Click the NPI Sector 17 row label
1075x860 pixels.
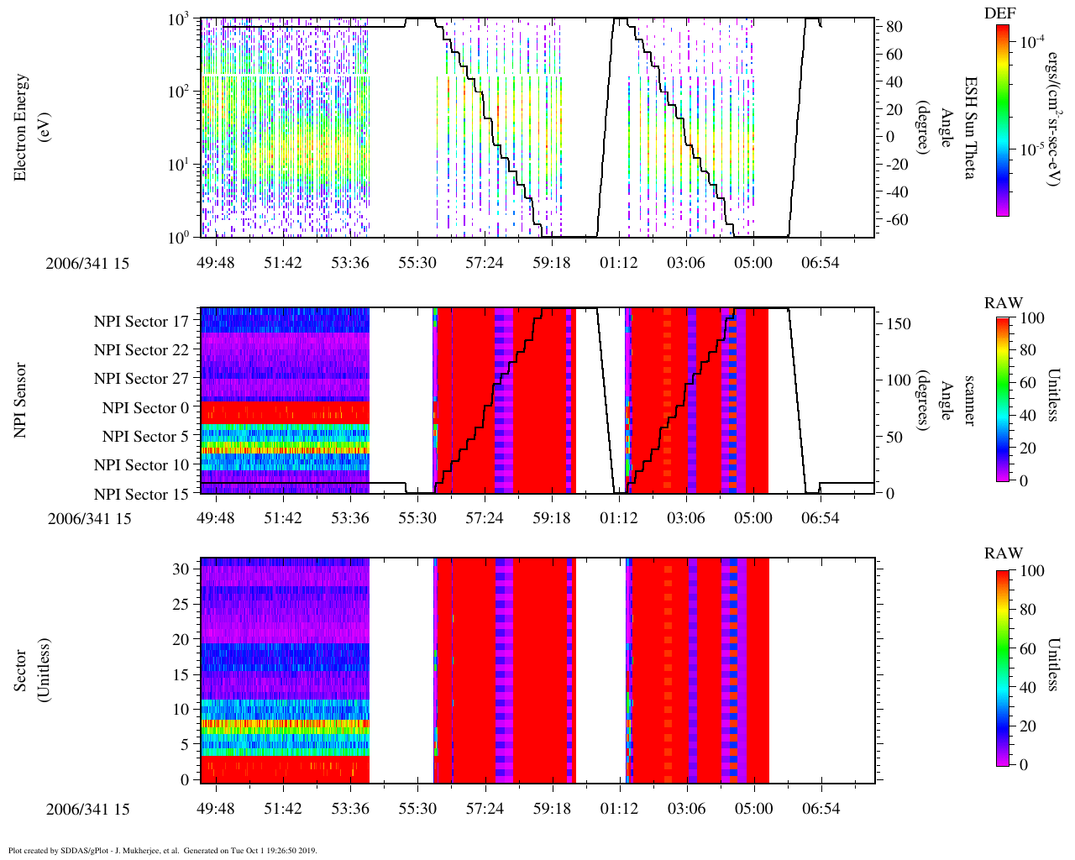141,321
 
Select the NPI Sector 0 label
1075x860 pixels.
145,408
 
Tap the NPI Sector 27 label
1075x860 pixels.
141,379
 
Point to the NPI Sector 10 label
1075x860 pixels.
141,465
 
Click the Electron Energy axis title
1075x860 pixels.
22,128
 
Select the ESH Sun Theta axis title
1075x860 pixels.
970,128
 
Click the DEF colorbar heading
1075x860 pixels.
999,13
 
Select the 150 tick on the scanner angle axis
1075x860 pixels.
899,324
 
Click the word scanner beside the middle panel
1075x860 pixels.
968,400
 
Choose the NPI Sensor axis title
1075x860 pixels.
22,400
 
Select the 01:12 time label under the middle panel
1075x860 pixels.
618,518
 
